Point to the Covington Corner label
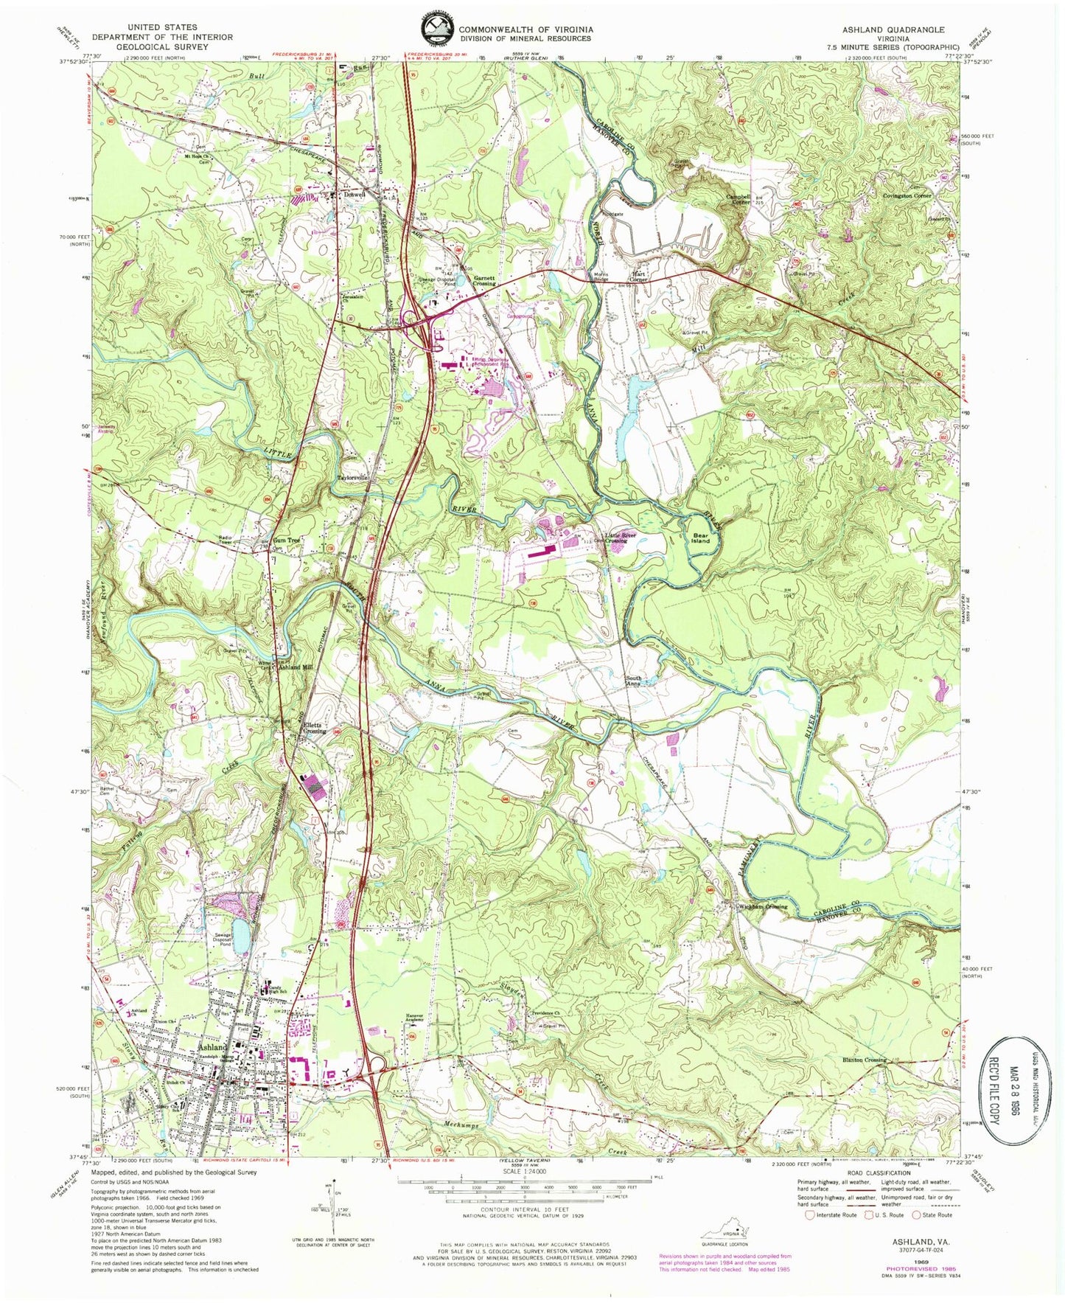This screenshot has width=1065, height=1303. point(907,195)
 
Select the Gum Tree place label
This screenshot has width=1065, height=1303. point(287,539)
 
